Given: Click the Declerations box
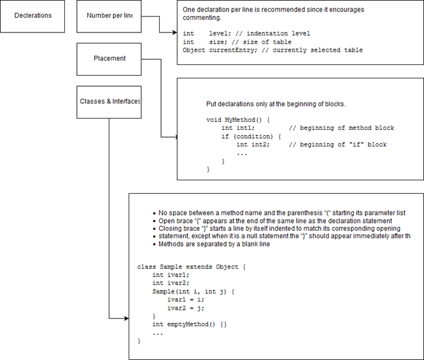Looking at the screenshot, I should pos(33,15).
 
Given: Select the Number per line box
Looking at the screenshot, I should pos(109,15).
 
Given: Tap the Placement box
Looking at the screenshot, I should pos(109,59).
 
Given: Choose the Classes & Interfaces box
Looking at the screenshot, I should pos(109,102).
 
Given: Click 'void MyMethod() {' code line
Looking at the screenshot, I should pos(239,119).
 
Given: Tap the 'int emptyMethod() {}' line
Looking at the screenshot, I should pos(189,324).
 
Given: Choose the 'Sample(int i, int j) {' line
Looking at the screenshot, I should pos(194,291).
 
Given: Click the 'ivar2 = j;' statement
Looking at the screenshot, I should pos(187,308).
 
